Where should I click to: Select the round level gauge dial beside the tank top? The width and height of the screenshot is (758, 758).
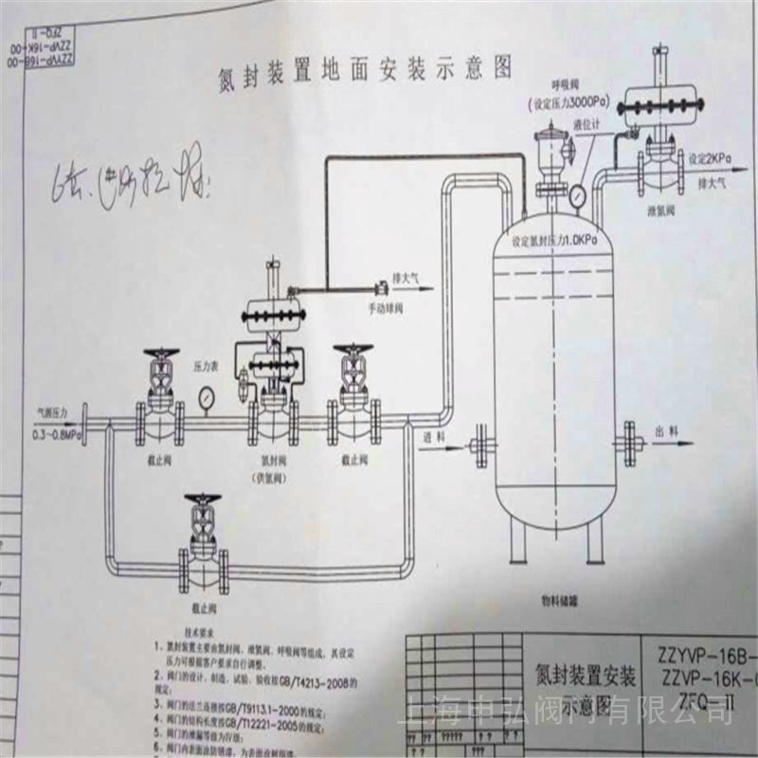coord(577,195)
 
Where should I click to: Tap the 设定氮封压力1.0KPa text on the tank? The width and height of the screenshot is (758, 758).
coord(553,242)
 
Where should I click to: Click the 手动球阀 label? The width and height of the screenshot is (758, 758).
coord(385,307)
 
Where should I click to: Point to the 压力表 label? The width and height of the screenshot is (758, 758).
coord(207,363)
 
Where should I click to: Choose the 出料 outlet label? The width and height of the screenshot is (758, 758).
coord(667,431)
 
